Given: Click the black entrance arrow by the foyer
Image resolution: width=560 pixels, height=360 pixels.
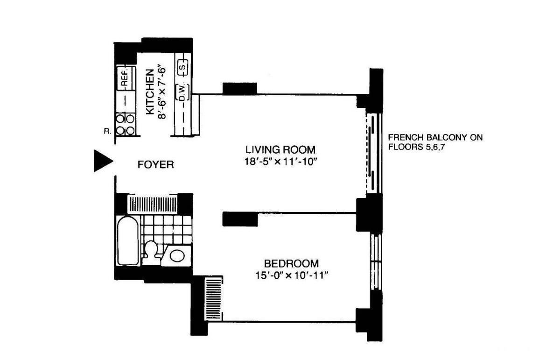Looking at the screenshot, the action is point(102,161).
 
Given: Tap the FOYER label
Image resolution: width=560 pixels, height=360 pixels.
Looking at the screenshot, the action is point(155,165).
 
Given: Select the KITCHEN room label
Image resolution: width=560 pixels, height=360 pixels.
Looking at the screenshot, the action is point(150,92).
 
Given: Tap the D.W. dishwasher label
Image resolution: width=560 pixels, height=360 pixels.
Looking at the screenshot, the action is point(183,92).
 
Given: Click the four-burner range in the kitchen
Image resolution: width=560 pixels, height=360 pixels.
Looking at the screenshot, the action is point(125,124).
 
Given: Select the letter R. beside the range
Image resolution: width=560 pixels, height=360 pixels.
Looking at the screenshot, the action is point(108,131).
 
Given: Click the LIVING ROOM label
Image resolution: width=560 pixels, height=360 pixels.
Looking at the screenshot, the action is point(280,149).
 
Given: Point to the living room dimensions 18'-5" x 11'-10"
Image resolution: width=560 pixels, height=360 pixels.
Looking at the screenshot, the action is point(280,162).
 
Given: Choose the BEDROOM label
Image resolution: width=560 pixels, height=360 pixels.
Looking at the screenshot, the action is point(291,263).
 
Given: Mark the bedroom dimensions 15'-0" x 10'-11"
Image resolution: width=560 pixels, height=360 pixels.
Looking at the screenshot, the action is point(291,275).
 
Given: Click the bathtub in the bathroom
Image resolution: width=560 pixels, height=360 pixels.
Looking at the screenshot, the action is point(128,240).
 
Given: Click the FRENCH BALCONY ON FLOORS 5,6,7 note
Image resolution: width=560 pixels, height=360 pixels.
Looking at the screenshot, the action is point(435,142).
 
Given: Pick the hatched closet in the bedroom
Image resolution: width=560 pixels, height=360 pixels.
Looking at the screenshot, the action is point(214,298).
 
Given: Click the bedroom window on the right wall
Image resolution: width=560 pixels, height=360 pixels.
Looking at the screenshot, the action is point(376,262).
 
